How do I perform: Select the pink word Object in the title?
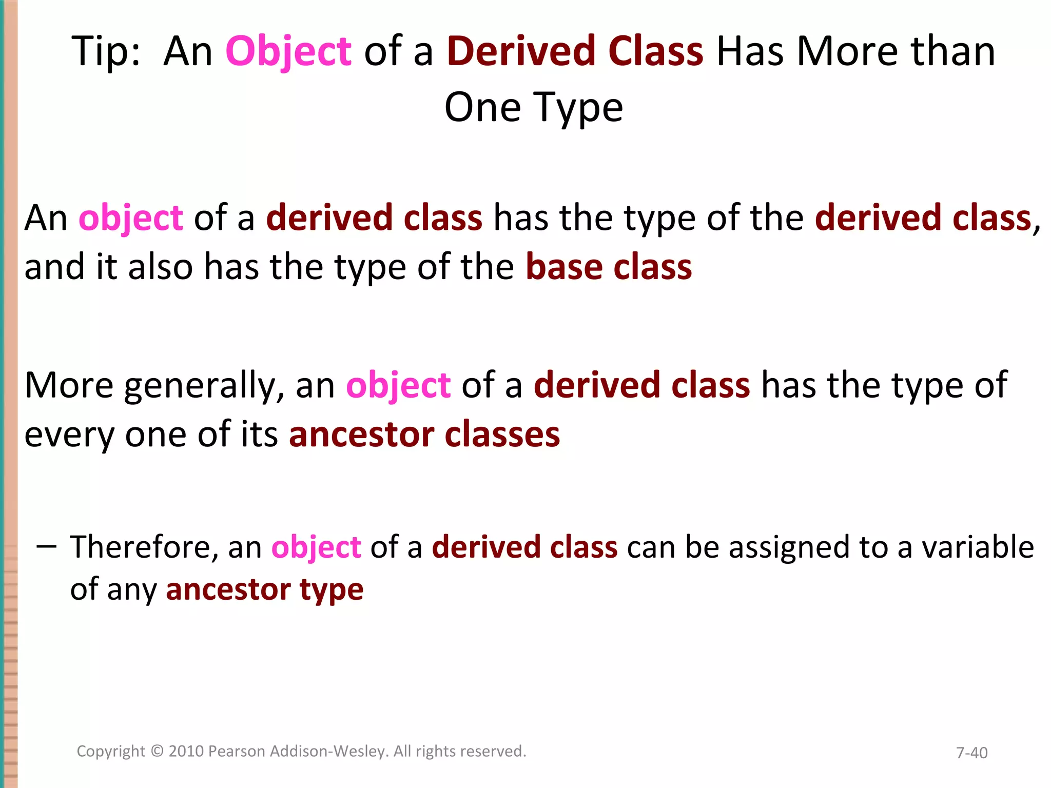[x=288, y=51]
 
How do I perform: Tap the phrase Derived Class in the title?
[x=575, y=51]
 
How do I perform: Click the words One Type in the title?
[x=534, y=108]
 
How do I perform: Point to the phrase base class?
[x=609, y=267]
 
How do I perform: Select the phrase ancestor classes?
[x=424, y=435]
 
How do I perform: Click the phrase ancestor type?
[x=264, y=589]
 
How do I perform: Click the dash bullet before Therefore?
[x=46, y=547]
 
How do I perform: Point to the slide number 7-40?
[x=971, y=753]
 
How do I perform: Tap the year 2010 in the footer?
[x=186, y=751]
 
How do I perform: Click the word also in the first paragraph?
[x=160, y=267]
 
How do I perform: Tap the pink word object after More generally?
[x=398, y=386]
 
